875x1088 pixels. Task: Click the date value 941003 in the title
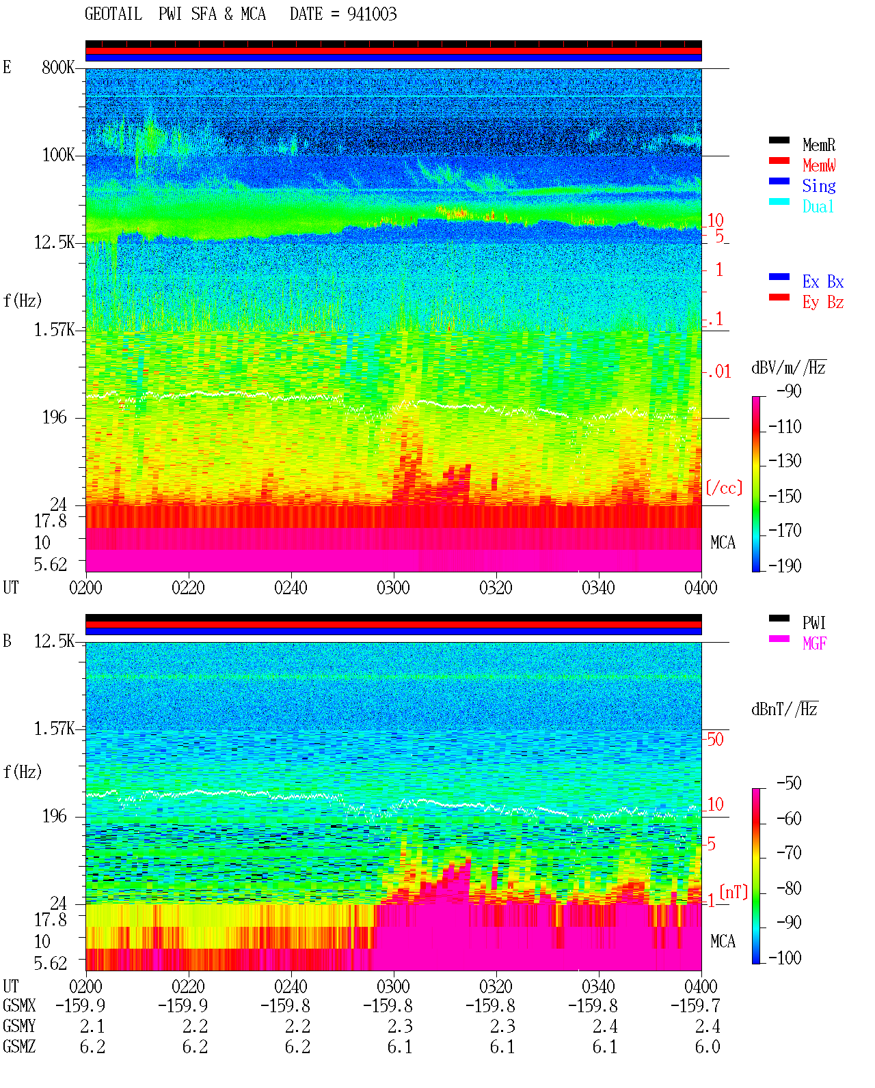pos(372,14)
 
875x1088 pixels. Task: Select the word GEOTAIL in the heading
pos(113,14)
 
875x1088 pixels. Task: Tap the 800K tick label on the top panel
pos(58,67)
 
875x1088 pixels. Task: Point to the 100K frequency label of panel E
pos(58,155)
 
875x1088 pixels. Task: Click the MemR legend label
pos(819,145)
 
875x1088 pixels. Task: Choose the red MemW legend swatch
pos(779,161)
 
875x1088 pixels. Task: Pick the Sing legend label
pos(819,186)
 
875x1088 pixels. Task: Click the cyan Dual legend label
pos(818,206)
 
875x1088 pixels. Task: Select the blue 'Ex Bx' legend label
pos(823,281)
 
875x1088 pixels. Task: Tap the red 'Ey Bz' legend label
pos(823,303)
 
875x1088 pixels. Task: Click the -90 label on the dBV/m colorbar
pos(789,391)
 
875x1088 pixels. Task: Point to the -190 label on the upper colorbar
pos(785,566)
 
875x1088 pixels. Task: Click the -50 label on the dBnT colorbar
pos(789,783)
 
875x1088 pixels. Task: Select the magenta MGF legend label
pos(815,643)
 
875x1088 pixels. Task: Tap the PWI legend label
pos(814,623)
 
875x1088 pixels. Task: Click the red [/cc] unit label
pos(724,488)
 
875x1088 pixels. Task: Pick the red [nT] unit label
pos(733,893)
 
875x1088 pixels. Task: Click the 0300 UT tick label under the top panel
pos(393,588)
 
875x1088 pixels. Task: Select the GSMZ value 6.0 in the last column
pos(708,1046)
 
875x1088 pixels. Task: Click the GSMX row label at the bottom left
pos(19,1005)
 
